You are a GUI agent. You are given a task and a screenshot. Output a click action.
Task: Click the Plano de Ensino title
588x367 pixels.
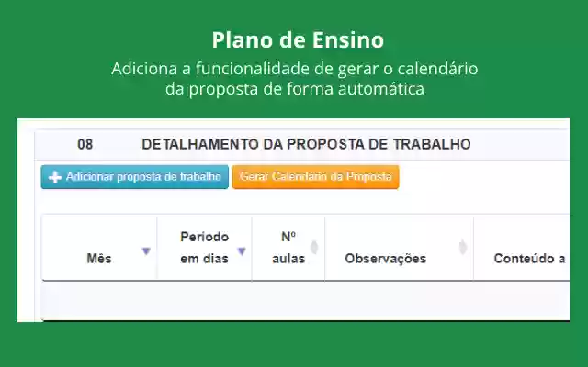[x=298, y=39]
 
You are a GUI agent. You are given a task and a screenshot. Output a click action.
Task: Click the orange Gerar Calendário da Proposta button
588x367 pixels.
[x=316, y=177]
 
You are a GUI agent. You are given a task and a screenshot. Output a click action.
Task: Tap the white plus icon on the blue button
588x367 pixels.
[x=55, y=177]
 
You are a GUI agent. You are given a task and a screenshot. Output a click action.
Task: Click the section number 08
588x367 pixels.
[x=85, y=145]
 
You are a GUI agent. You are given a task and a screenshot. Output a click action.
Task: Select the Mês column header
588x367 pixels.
[x=99, y=259]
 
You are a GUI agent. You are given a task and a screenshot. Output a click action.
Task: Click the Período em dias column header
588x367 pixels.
[x=204, y=248]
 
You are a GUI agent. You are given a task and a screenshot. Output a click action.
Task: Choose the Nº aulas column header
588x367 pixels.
[x=288, y=248]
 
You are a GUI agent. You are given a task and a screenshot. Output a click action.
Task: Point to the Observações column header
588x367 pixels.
[x=386, y=259]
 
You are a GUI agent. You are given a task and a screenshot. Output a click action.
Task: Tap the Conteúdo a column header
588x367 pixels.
[x=529, y=259]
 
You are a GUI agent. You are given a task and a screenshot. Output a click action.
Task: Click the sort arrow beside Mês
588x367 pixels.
[x=146, y=251]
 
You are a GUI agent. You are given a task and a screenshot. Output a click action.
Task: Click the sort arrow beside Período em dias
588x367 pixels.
[x=242, y=251]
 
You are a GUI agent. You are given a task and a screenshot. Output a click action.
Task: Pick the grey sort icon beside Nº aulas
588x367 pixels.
[x=314, y=247]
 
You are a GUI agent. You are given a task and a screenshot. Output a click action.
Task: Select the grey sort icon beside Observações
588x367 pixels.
[x=463, y=247]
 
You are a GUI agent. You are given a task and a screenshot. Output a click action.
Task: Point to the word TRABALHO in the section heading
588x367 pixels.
[x=432, y=145]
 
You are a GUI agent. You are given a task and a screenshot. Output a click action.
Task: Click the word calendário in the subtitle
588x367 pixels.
[x=437, y=69]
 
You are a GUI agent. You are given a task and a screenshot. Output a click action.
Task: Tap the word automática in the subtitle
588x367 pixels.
[x=381, y=89]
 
